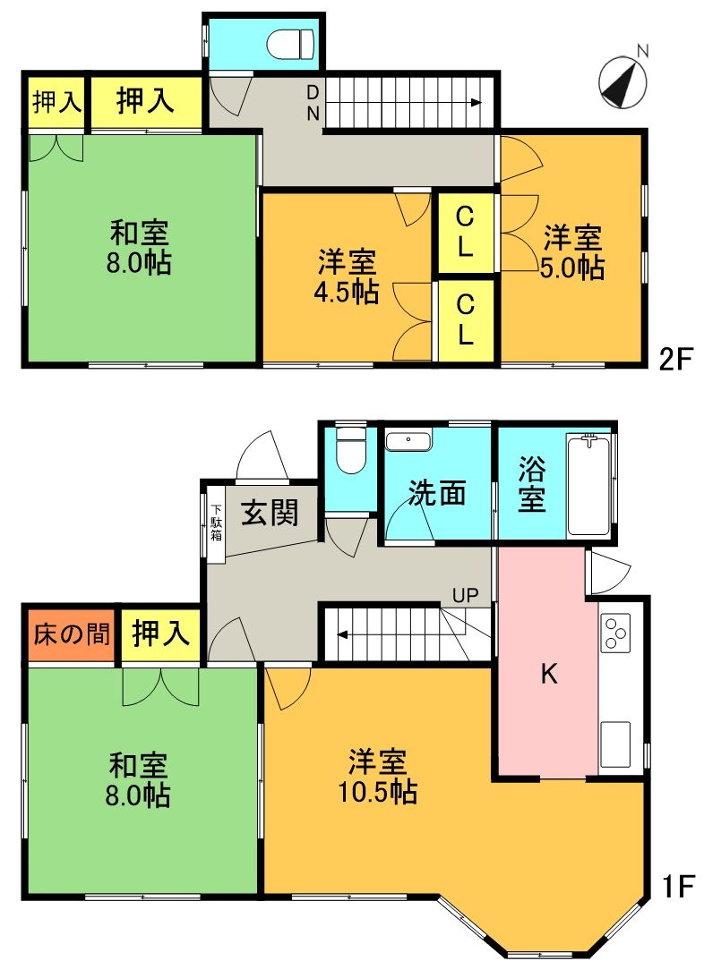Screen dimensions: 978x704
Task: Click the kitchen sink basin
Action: [x=618, y=743]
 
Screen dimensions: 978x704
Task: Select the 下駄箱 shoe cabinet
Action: [x=216, y=523]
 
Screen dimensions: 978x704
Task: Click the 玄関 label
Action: [x=269, y=514]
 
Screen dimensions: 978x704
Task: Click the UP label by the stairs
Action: [x=465, y=595]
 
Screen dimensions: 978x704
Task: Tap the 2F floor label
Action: [x=676, y=361]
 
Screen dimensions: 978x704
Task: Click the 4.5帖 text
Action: [x=348, y=292]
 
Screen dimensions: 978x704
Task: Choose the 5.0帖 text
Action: [x=573, y=268]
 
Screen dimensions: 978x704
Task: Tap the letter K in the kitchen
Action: [x=548, y=675]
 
